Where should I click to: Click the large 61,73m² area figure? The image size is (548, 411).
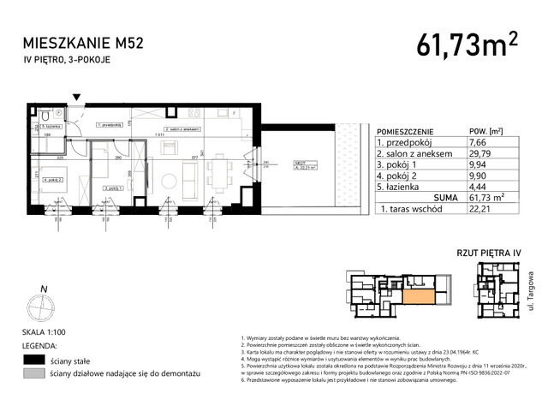(468, 40)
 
